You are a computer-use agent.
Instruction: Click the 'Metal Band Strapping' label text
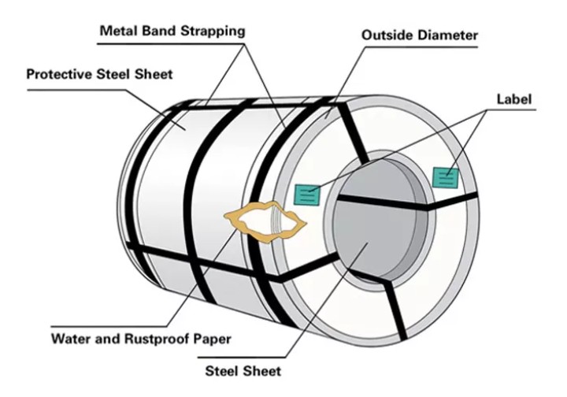[172, 32]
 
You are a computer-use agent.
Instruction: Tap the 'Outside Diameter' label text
[420, 35]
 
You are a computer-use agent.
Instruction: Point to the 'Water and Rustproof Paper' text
[141, 339]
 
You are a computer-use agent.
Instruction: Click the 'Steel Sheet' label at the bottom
[243, 370]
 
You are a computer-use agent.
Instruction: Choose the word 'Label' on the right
[515, 99]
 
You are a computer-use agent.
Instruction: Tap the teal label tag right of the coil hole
[446, 176]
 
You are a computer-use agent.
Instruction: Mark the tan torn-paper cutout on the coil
[265, 221]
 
